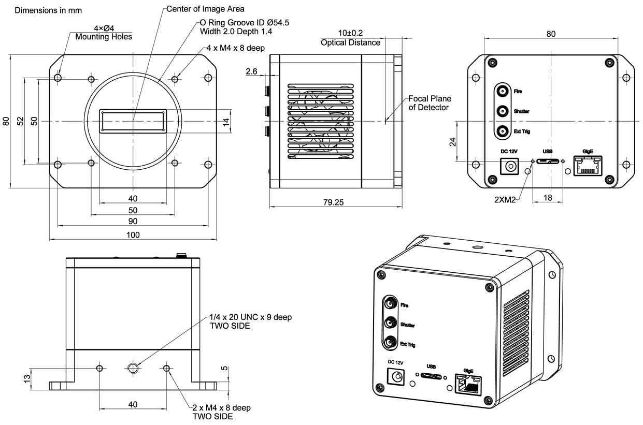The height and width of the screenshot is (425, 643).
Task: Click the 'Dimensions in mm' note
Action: [48, 10]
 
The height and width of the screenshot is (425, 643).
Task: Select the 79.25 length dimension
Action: [333, 202]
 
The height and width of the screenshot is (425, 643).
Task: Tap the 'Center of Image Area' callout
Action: [205, 9]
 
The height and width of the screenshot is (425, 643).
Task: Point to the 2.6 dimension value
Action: [252, 72]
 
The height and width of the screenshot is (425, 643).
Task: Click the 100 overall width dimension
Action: [133, 235]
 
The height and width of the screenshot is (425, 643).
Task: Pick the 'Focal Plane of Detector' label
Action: [430, 102]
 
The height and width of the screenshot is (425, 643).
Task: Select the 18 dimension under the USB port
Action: [548, 197]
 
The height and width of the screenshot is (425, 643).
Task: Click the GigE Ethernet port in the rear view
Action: [588, 166]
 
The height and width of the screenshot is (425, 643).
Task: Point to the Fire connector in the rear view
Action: [503, 92]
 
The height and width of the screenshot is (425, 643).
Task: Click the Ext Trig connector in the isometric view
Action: [390, 342]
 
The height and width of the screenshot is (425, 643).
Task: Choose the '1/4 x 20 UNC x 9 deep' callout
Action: [250, 317]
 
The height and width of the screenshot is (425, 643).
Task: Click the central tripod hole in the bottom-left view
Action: [133, 368]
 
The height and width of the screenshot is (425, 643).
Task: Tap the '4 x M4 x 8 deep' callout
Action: [236, 48]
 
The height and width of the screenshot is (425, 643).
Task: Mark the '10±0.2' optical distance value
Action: [350, 33]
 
